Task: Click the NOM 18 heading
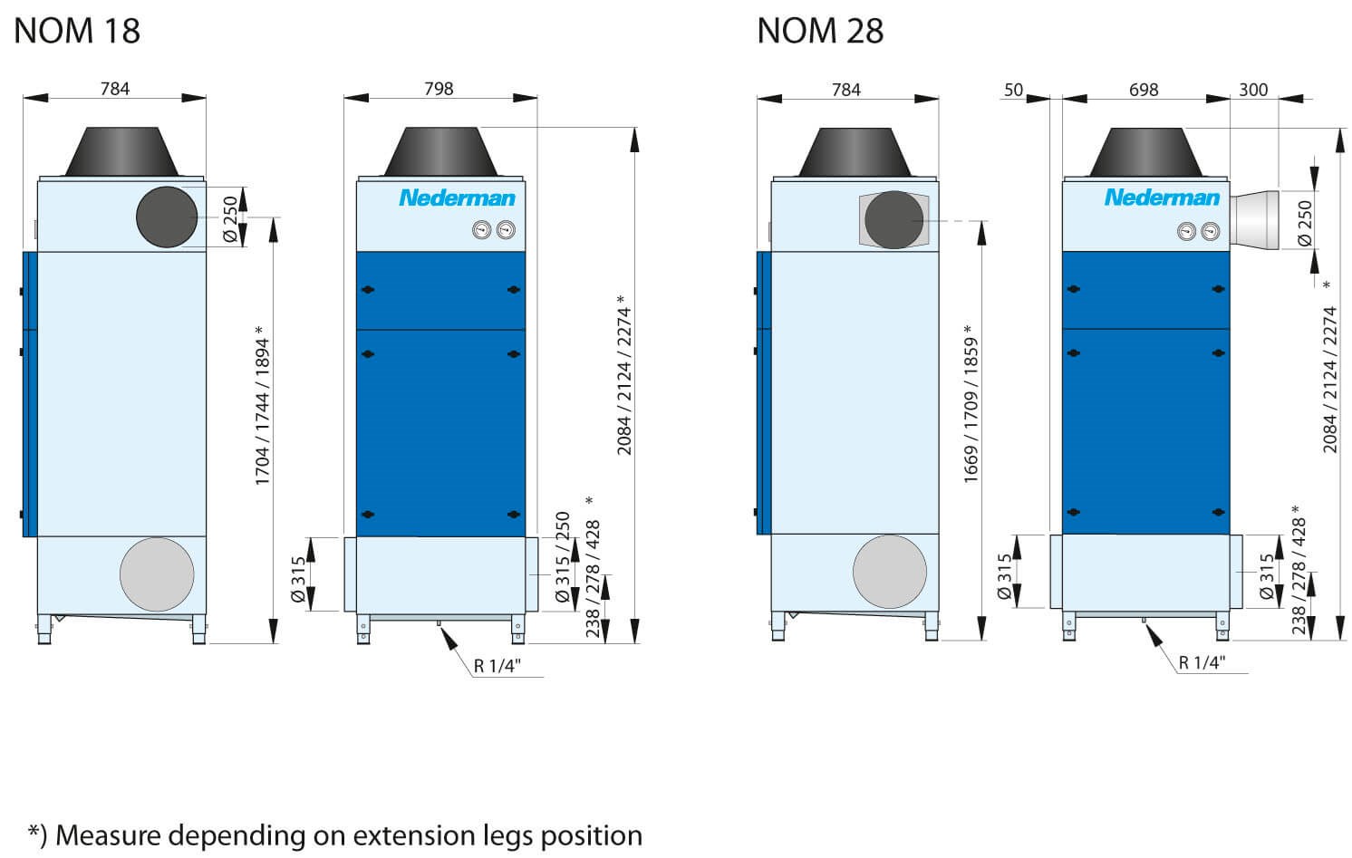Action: pyautogui.click(x=77, y=31)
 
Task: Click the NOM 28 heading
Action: pyautogui.click(x=820, y=31)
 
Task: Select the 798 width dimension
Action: pyautogui.click(x=439, y=89)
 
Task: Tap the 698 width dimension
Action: pyautogui.click(x=1144, y=90)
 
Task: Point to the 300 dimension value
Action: pyautogui.click(x=1253, y=90)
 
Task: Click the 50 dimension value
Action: pyautogui.click(x=1013, y=90)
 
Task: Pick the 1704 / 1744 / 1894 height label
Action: pyautogui.click(x=261, y=406)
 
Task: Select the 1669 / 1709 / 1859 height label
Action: pyautogui.click(x=970, y=404)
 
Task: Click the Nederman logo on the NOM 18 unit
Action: pyautogui.click(x=457, y=198)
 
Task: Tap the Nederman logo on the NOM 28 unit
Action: pyautogui.click(x=1162, y=198)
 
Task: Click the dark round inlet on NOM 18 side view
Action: pyautogui.click(x=167, y=217)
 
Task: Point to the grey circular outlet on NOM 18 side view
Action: pyautogui.click(x=157, y=574)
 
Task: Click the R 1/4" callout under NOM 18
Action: pyautogui.click(x=497, y=666)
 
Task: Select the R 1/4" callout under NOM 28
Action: pyautogui.click(x=1202, y=662)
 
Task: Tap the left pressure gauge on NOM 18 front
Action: pyautogui.click(x=482, y=230)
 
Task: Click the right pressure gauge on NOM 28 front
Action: pyautogui.click(x=1210, y=231)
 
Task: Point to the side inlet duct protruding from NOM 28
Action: pyautogui.click(x=1254, y=220)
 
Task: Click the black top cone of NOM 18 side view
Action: pyautogui.click(x=122, y=151)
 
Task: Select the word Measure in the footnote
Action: pyautogui.click(x=111, y=836)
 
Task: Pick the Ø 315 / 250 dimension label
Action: pyautogui.click(x=563, y=557)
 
